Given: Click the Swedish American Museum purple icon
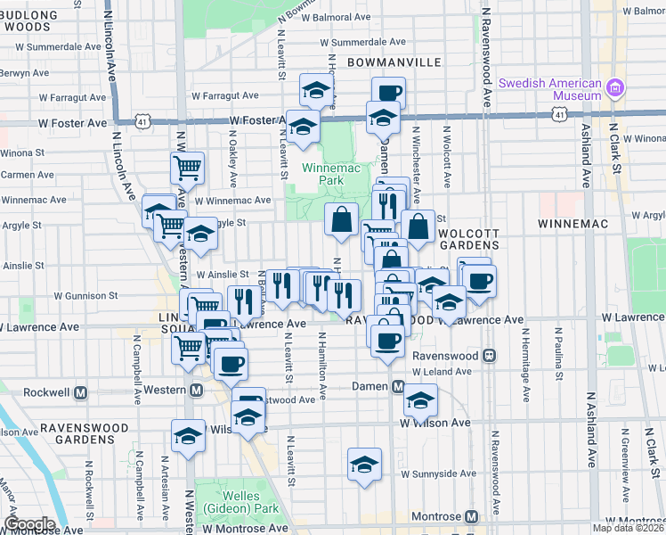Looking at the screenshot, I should click(614, 87).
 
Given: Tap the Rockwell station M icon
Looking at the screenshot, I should click(81, 391).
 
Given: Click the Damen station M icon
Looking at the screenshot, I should click(399, 386).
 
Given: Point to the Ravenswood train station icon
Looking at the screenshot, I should click(489, 355).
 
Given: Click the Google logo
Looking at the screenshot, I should click(28, 524).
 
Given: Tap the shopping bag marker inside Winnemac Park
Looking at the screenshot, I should click(341, 218).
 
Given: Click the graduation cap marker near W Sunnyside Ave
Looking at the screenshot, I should click(364, 464).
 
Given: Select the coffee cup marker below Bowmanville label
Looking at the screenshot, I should click(388, 91).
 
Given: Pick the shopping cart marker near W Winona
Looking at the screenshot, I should click(187, 166).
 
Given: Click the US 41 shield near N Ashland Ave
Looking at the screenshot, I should click(558, 114).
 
